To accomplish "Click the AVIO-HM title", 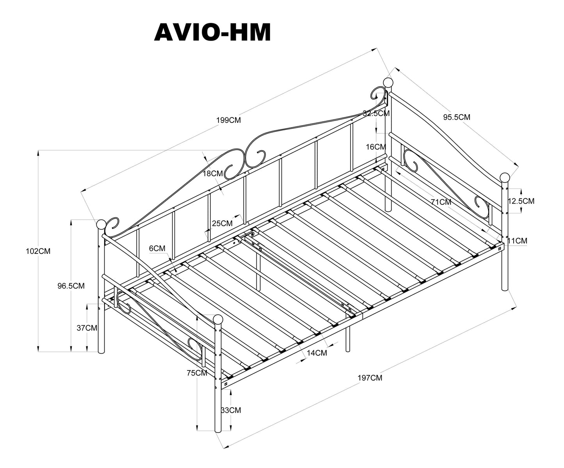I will (212, 33).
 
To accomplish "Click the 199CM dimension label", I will (229, 121).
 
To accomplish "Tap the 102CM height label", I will (38, 252).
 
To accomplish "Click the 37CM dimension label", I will (87, 328).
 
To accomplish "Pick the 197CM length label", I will (370, 378).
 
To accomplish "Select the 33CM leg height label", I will (231, 410).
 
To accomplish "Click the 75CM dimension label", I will (197, 373).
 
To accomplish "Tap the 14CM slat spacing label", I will (317, 353).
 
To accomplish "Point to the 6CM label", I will (157, 248).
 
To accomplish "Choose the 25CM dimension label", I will (222, 223).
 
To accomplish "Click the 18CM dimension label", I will (213, 174).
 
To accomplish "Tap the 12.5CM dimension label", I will (521, 201).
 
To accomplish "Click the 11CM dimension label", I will (518, 241).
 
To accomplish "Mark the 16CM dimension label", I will (376, 147).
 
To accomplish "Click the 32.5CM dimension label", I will (376, 113).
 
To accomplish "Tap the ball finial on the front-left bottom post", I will (218, 319).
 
